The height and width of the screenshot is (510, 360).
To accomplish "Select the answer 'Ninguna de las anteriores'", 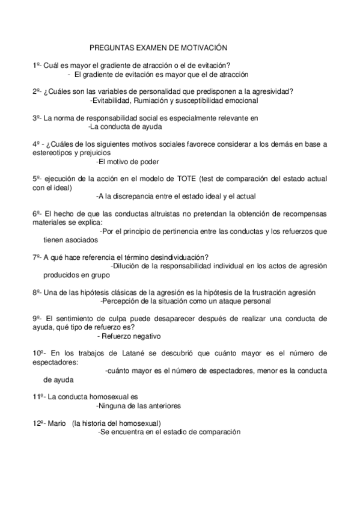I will tap(138, 405).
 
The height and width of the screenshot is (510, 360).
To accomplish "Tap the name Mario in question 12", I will tap(56, 423).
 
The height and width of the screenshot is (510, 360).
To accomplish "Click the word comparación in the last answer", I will tap(219, 431).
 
